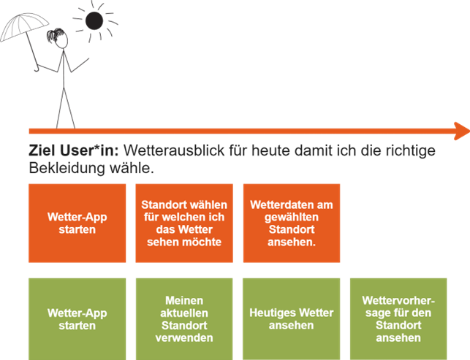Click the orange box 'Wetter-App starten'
click(77, 223)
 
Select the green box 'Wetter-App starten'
click(77, 319)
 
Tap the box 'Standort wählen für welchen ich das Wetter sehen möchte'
click(184, 223)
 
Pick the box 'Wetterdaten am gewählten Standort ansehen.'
click(292, 223)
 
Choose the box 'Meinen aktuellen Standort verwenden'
click(184, 319)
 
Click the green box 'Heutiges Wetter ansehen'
click(292, 319)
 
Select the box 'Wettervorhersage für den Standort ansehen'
click(398, 319)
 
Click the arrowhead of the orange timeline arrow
click(462, 131)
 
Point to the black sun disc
click(94, 20)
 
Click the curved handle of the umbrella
click(37, 69)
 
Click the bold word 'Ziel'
click(42, 150)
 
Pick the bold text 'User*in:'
click(89, 150)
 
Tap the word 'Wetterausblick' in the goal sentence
click(174, 150)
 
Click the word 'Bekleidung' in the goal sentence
click(67, 168)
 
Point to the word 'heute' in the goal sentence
click(270, 150)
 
